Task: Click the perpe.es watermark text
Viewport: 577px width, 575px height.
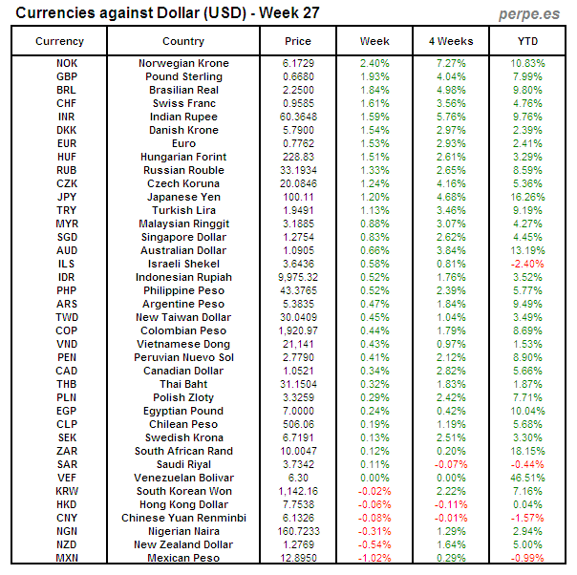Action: [x=529, y=13]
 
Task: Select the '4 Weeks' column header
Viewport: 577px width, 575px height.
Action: [x=451, y=41]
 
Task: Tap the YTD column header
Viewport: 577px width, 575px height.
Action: [x=527, y=41]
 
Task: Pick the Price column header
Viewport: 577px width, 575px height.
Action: [x=298, y=41]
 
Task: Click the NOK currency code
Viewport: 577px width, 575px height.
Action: [x=67, y=63]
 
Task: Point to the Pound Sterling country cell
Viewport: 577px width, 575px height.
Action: [x=182, y=76]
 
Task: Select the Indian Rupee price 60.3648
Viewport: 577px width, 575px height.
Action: [x=298, y=117]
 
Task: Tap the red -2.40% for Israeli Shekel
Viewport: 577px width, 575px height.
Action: [x=527, y=264]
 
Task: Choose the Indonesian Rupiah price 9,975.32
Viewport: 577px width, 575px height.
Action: [x=298, y=277]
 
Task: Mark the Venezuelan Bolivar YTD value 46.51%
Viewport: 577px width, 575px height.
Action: [x=527, y=478]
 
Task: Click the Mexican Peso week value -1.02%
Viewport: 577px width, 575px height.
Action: [x=374, y=558]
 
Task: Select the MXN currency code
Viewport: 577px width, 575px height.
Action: [x=67, y=558]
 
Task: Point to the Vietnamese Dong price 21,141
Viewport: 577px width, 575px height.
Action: [x=298, y=344]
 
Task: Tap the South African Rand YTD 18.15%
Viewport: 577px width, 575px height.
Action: [x=527, y=451]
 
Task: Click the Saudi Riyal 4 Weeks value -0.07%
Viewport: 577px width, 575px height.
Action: [x=451, y=464]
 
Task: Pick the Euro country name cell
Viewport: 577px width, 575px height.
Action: [x=182, y=143]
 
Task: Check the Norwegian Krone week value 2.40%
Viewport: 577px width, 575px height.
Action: [x=374, y=63]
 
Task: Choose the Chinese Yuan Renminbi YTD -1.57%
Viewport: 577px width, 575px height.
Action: [x=527, y=518]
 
